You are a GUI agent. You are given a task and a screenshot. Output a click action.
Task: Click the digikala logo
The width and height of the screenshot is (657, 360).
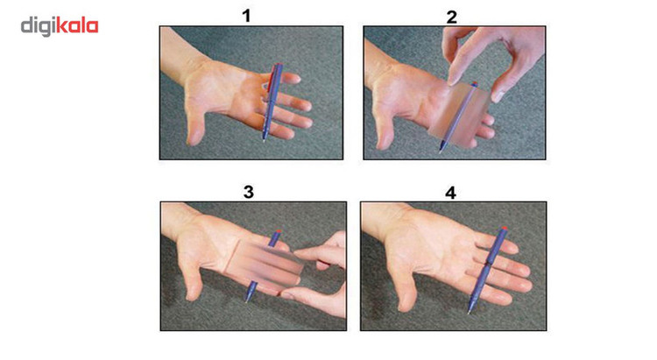click(x=60, y=26)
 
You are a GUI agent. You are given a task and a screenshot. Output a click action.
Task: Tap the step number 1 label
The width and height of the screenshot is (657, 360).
click(x=246, y=17)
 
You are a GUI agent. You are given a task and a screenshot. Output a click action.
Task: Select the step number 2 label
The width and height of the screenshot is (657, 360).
click(x=451, y=18)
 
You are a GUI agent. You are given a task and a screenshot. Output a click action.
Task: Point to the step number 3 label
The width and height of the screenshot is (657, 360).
click(x=249, y=192)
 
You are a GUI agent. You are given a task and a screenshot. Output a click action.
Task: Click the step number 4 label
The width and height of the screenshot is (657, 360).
click(x=450, y=194)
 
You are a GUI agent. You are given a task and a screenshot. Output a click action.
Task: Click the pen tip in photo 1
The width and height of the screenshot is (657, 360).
click(x=265, y=140)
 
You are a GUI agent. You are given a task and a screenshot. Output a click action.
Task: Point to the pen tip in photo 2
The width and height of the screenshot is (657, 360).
click(x=441, y=151)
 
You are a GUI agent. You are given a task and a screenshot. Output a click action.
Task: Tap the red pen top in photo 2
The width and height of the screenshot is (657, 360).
click(x=474, y=84)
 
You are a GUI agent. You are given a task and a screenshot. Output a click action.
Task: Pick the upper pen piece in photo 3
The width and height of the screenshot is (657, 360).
click(x=274, y=237)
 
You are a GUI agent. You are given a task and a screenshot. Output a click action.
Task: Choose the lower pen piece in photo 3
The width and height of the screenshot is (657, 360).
click(x=251, y=292)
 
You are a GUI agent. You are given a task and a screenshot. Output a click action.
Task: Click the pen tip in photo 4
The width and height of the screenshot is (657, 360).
click(x=470, y=311)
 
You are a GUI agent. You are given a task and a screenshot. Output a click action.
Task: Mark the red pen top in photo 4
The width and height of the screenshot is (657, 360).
click(x=504, y=229)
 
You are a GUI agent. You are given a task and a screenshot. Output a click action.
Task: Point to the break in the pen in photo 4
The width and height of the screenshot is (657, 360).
click(x=488, y=263)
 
